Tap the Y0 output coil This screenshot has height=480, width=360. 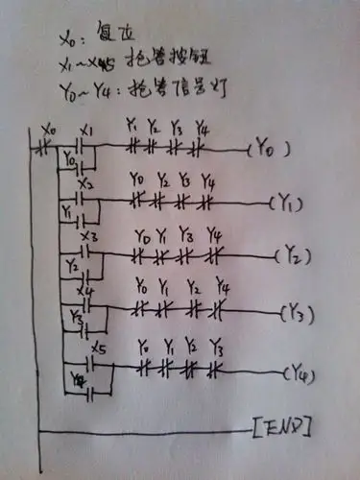click(x=273, y=149)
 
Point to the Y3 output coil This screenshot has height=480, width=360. click(x=299, y=313)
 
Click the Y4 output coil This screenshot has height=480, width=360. click(x=302, y=372)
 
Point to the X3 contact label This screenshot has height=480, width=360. click(x=89, y=236)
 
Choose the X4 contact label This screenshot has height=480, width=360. click(x=87, y=290)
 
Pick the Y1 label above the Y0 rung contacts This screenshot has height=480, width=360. click(x=132, y=126)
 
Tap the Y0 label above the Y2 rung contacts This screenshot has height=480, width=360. click(x=143, y=235)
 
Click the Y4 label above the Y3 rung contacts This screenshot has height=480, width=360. click(x=222, y=288)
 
